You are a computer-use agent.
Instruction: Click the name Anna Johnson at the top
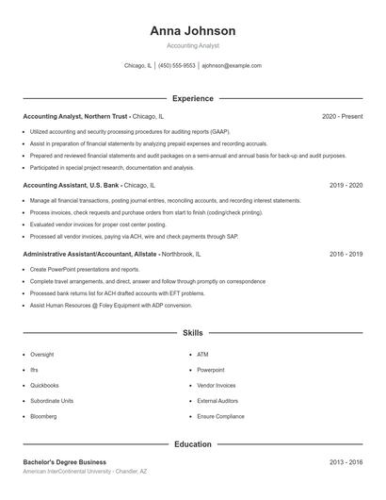192,31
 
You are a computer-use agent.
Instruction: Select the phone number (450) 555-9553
177,66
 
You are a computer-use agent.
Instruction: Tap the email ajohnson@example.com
231,66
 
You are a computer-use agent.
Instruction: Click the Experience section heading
192,98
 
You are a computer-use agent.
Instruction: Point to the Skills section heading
192,333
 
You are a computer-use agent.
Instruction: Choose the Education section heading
192,443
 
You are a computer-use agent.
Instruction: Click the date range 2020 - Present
342,116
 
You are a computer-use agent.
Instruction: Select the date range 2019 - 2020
346,186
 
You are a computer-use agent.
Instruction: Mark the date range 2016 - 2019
346,255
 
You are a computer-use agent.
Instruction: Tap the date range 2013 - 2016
346,462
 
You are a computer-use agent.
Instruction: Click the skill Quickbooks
44,385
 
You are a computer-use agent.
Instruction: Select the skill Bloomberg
43,416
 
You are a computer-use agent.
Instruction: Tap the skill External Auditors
217,400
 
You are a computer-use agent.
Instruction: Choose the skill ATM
202,354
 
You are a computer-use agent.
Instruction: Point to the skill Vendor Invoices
216,385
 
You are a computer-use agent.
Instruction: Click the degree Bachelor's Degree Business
65,462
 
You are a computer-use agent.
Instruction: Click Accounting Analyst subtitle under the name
192,45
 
